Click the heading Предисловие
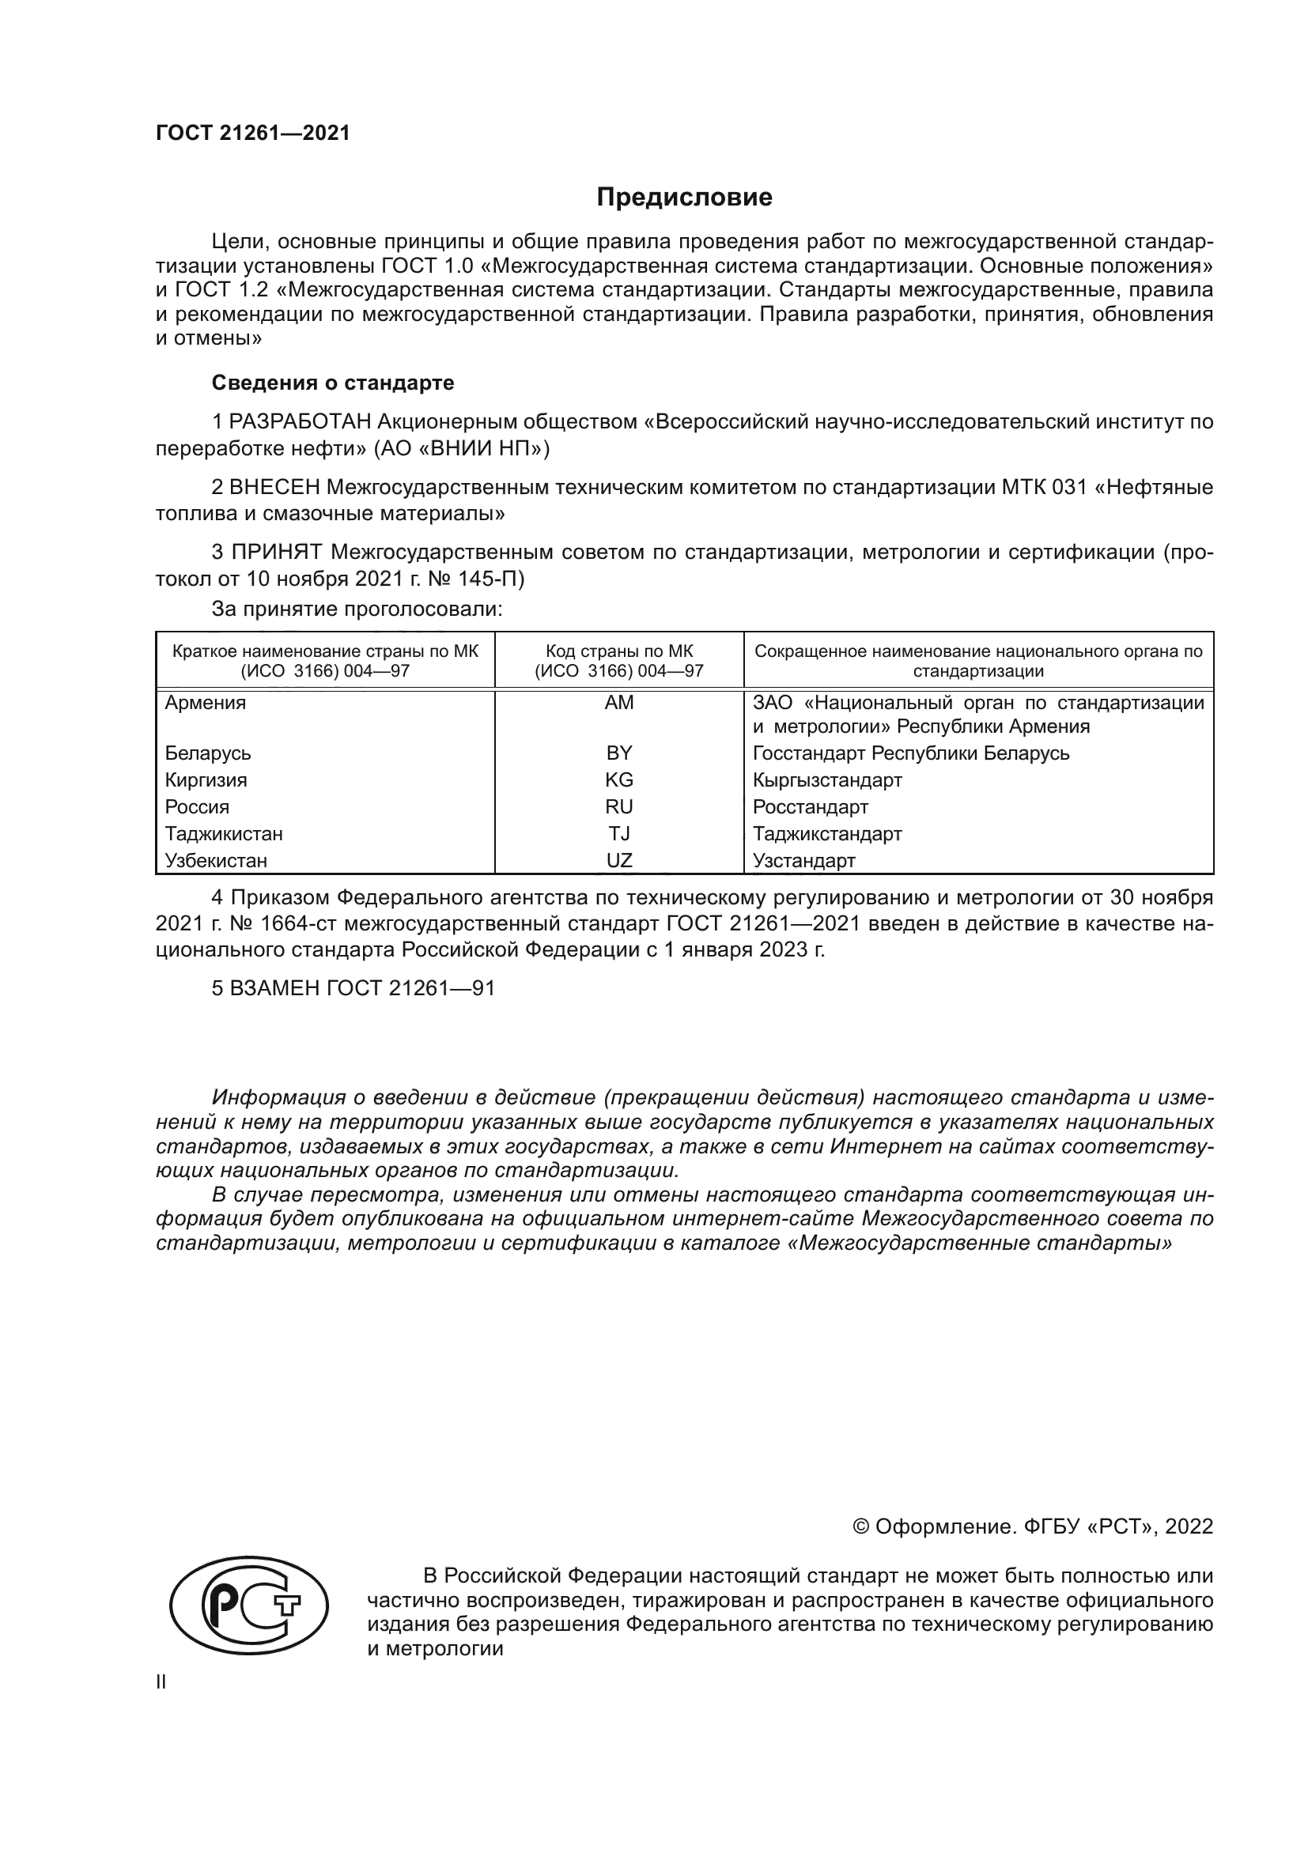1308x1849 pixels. (x=684, y=198)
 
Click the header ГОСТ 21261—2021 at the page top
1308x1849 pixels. (x=253, y=134)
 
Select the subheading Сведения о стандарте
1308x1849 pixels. (x=333, y=383)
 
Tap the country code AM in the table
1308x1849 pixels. (x=618, y=703)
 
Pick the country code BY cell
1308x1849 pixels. (x=618, y=753)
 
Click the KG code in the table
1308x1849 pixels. (x=618, y=780)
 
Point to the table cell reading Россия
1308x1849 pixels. (x=198, y=807)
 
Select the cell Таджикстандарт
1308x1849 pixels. (x=827, y=834)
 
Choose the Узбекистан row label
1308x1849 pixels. (x=216, y=861)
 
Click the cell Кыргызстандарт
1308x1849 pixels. (x=827, y=780)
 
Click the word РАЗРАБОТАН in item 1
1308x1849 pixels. (x=301, y=422)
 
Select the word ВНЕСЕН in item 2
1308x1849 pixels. (x=275, y=488)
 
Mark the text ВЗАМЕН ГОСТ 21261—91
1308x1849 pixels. (x=361, y=989)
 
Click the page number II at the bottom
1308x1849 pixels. (x=161, y=1682)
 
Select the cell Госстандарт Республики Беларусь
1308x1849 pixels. (x=911, y=753)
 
